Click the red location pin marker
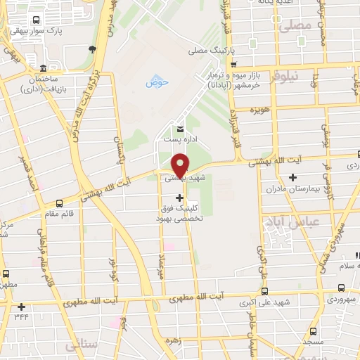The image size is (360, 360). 180,165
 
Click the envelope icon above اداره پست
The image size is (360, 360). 180,129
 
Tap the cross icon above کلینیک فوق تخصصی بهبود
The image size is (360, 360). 180,198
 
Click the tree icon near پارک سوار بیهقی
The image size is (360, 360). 92,49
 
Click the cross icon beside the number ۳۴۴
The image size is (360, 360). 22,307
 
